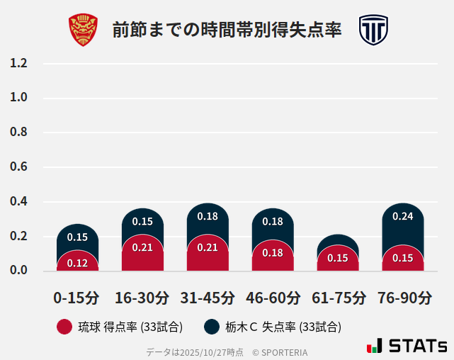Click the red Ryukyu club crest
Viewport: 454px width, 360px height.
(83, 30)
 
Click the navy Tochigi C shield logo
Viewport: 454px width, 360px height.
(373, 30)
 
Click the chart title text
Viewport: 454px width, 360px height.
(227, 30)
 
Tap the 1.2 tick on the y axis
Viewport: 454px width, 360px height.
(19, 63)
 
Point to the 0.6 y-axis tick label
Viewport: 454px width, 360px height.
(19, 167)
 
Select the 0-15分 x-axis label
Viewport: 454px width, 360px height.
(77, 297)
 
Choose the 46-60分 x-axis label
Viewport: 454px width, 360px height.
(273, 297)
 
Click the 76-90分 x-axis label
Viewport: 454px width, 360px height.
(403, 297)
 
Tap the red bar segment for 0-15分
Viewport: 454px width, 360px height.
(77, 262)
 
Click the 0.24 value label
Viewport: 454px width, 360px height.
(403, 216)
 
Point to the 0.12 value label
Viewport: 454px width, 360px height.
(77, 263)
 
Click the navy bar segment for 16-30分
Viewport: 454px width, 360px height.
(142, 220)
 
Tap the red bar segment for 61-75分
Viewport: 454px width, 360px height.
(338, 259)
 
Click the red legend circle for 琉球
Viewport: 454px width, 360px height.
(64, 327)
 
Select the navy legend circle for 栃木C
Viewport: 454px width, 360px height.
(212, 327)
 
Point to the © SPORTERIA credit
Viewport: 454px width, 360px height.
(280, 351)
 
